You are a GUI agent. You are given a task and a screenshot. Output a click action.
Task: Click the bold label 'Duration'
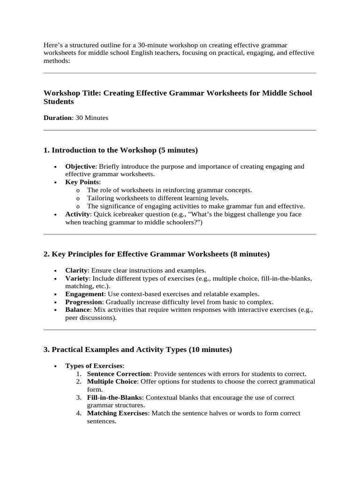tap(58, 118)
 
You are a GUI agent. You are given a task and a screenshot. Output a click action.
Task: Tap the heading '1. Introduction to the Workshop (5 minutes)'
tap(120, 150)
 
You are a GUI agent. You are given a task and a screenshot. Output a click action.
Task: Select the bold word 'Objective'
tap(80, 166)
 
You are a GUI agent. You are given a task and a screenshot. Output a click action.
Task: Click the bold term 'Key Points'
tap(82, 182)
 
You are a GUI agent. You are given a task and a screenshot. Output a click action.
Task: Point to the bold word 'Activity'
tap(78, 214)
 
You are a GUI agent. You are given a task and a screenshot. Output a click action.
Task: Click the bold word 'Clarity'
tap(76, 270)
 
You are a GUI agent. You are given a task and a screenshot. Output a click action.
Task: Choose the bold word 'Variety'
tap(77, 278)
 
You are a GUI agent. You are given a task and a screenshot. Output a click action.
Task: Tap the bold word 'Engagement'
tap(84, 294)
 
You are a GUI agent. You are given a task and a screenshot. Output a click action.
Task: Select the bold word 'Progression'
tap(83, 302)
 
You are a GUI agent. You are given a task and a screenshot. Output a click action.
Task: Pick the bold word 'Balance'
tap(77, 310)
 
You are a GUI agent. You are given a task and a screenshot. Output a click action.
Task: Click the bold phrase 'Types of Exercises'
tap(94, 366)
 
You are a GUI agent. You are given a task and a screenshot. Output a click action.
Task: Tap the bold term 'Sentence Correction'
tap(119, 374)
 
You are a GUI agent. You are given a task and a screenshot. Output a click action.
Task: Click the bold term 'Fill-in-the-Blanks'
tap(114, 397)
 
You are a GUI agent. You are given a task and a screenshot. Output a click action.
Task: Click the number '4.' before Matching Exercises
tap(79, 413)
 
